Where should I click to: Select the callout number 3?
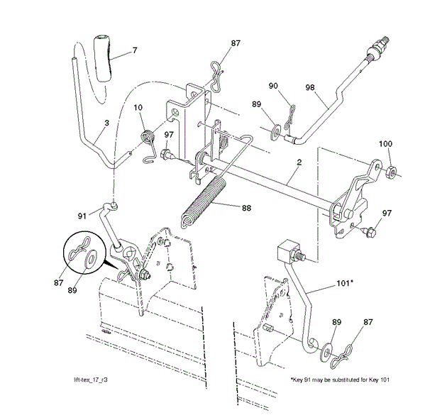[106, 123]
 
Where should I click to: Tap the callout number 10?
[138, 108]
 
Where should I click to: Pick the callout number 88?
[246, 208]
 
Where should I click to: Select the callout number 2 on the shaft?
[299, 163]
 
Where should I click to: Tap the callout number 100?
[385, 144]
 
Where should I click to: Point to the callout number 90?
[273, 86]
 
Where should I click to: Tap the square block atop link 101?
[288, 250]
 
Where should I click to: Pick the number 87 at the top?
[236, 43]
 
